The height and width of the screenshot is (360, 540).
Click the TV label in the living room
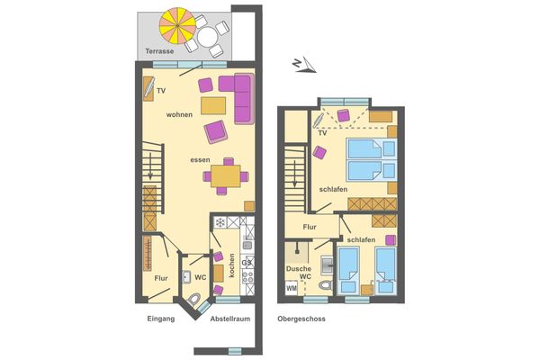click(161, 92)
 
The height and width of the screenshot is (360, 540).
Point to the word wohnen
click(179, 115)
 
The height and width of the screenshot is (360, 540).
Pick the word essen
click(200, 159)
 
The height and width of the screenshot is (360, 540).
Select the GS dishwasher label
click(247, 261)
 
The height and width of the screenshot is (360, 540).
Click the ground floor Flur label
click(161, 278)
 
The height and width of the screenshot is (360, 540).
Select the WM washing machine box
click(291, 288)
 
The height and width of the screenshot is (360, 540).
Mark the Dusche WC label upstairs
click(299, 273)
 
